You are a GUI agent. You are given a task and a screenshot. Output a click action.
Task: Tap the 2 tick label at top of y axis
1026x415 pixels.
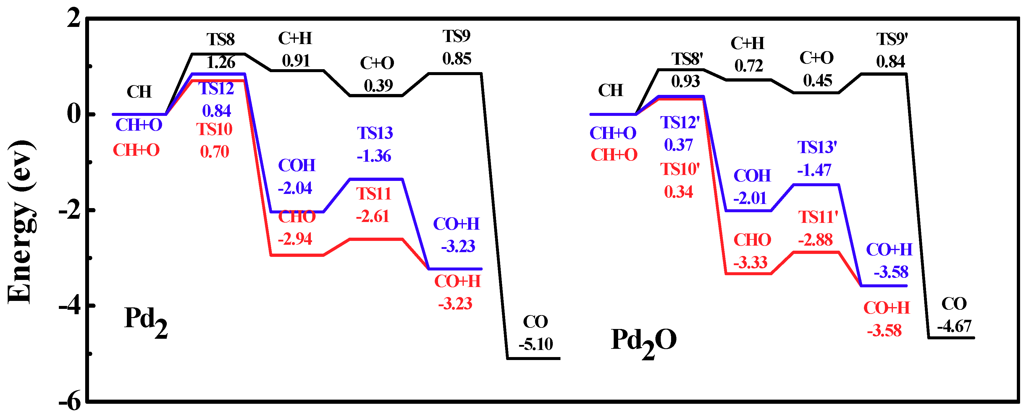(x=74, y=18)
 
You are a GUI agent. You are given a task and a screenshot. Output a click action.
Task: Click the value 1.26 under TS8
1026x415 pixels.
(x=221, y=62)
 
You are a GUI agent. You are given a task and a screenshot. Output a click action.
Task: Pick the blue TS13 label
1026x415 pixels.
(x=374, y=133)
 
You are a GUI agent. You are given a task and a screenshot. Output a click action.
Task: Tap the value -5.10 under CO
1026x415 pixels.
(x=536, y=344)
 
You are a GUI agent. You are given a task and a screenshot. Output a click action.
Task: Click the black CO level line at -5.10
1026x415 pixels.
(x=534, y=359)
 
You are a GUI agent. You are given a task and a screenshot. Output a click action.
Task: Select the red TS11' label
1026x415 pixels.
(x=818, y=217)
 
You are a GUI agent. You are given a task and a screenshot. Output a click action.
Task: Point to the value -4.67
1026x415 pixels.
(x=954, y=327)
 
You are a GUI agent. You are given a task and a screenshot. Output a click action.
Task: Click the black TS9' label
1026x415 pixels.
(x=891, y=39)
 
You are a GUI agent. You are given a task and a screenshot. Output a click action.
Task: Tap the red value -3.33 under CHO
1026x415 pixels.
(x=750, y=262)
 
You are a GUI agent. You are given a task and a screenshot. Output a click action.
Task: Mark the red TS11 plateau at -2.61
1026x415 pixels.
(x=376, y=239)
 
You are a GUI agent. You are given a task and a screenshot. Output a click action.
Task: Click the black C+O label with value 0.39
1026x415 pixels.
(x=377, y=63)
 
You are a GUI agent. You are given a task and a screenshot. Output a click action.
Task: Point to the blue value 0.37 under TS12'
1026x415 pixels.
(x=678, y=145)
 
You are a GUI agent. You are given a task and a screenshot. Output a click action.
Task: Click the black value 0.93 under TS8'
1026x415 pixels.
(x=685, y=82)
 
